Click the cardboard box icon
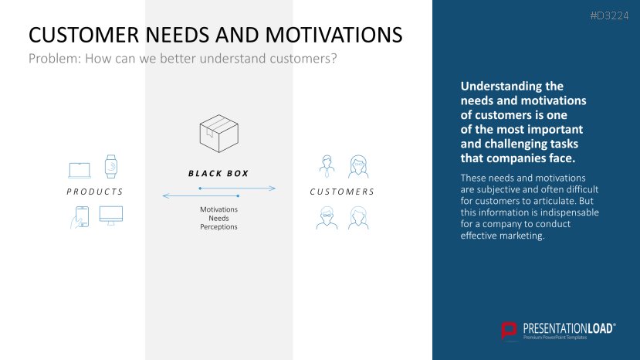click(218, 134)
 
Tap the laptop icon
click(80, 171)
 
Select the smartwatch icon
click(111, 166)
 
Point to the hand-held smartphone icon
click(80, 217)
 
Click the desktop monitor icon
click(111, 216)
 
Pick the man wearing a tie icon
click(327, 166)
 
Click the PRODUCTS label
click(95, 192)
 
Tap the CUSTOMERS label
click(342, 192)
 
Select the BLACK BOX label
click(218, 174)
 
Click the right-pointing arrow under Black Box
click(237, 188)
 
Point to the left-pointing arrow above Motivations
click(201, 196)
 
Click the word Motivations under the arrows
click(218, 209)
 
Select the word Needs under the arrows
click(218, 218)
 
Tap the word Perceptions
click(218, 227)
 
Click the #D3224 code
click(609, 16)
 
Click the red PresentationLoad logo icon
click(509, 331)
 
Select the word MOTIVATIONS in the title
click(334, 35)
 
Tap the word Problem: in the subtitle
click(55, 59)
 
